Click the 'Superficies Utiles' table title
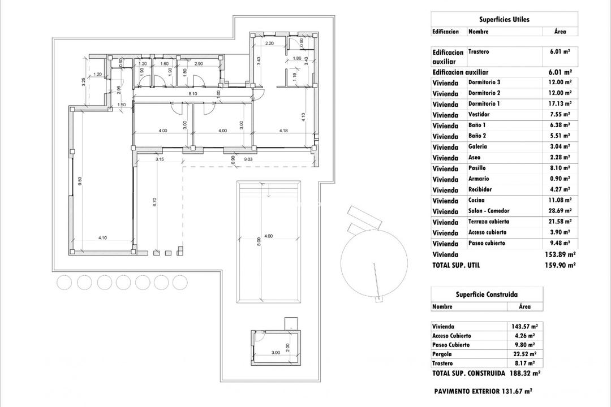pyautogui.click(x=504, y=19)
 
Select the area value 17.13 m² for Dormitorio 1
pyautogui.click(x=560, y=103)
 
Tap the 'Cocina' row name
pyautogui.click(x=476, y=200)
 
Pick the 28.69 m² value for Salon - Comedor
pyautogui.click(x=560, y=211)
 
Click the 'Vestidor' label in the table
pyautogui.click(x=480, y=114)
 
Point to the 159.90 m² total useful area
pyautogui.click(x=560, y=265)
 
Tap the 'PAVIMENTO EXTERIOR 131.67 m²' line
pyautogui.click(x=483, y=391)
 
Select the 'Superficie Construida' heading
pyautogui.click(x=487, y=294)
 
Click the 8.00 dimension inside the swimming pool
pyautogui.click(x=259, y=240)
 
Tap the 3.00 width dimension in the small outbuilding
pyautogui.click(x=276, y=352)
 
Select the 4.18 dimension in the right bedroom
pyautogui.click(x=283, y=131)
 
